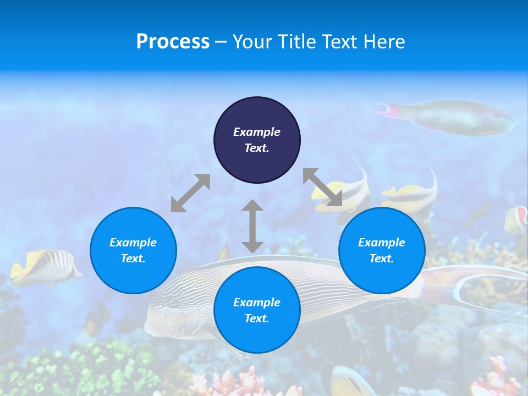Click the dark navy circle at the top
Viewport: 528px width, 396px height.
pos(257,140)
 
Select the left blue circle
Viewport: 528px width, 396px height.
pos(133,250)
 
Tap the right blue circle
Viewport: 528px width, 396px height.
pos(382,250)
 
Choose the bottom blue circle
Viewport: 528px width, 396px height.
pos(257,310)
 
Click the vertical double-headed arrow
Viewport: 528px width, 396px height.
pos(252,226)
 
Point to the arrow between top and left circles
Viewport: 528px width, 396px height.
pos(190,193)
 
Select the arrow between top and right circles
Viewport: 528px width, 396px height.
pos(322,188)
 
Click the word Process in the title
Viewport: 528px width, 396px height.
pos(173,41)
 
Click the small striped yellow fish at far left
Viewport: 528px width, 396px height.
pos(44,267)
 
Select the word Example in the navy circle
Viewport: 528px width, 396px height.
pos(257,132)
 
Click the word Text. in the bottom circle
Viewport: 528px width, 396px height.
pos(257,318)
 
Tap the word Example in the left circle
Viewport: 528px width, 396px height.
pos(133,243)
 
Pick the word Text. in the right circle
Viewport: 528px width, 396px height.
pos(382,258)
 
